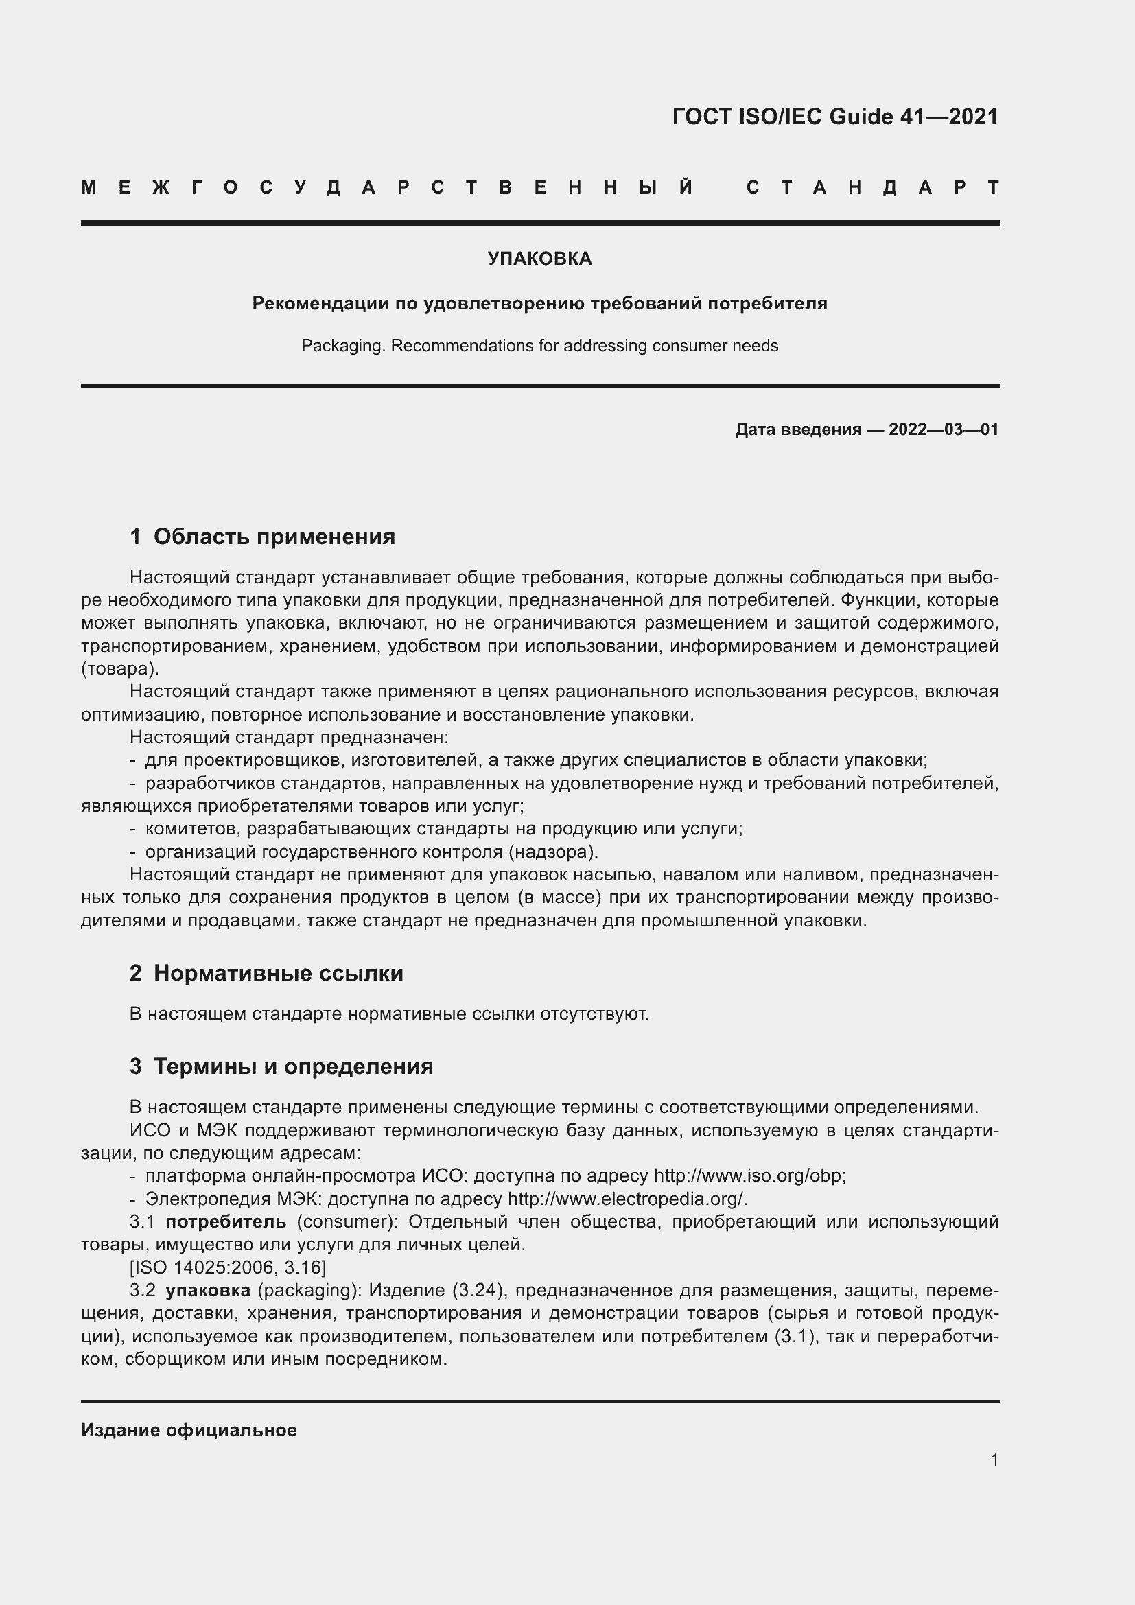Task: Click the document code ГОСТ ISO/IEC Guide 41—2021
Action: click(x=834, y=117)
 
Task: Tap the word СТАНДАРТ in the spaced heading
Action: click(x=872, y=187)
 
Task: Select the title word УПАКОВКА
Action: click(x=539, y=259)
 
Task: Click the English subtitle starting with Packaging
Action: click(x=539, y=346)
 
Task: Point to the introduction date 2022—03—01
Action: click(x=944, y=429)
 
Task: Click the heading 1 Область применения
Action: click(x=263, y=537)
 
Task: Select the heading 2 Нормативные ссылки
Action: click(x=266, y=973)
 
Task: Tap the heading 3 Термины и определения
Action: click(x=281, y=1066)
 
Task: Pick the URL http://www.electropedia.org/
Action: click(x=627, y=1199)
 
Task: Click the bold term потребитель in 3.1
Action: click(x=226, y=1222)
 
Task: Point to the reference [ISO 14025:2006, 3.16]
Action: click(x=228, y=1267)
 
